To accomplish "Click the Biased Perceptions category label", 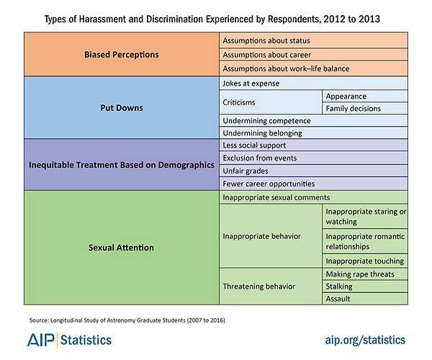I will [x=122, y=53].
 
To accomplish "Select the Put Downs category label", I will [x=122, y=108].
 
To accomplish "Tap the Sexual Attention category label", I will [x=122, y=248].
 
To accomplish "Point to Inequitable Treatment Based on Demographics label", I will [x=122, y=164].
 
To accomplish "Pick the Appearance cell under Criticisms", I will [x=346, y=96].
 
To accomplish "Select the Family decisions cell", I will [x=353, y=108].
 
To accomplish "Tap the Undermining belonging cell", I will [x=262, y=133].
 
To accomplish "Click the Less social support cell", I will [x=255, y=145].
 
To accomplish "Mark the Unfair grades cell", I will [x=246, y=171].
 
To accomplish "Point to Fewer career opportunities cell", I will [x=269, y=183].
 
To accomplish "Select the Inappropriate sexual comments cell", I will [x=276, y=197].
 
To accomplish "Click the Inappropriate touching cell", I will [x=365, y=261].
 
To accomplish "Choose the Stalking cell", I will [x=340, y=286].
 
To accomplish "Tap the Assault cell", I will [x=338, y=298].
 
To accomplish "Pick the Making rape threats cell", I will [x=359, y=274].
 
